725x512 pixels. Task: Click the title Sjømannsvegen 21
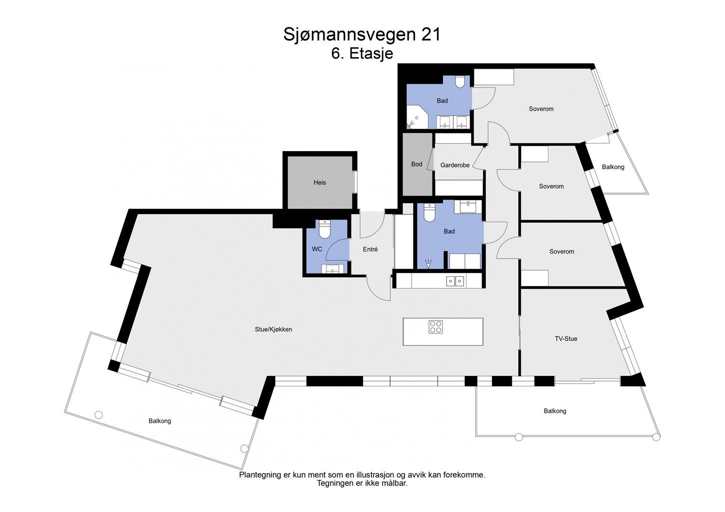(362, 34)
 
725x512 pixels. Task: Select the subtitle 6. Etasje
(362, 53)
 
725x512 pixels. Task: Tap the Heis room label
(319, 182)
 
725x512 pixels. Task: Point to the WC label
(317, 249)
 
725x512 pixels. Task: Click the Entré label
(370, 249)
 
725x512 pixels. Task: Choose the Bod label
(417, 164)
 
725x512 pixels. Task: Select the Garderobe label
(455, 165)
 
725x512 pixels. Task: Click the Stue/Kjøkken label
(273, 329)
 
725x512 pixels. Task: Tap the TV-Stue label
(566, 338)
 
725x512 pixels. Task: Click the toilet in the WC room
(325, 229)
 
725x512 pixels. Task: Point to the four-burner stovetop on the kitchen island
(436, 326)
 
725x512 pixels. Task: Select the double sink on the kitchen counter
(455, 281)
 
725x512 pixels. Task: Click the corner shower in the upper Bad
(416, 118)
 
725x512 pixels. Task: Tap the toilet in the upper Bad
(460, 81)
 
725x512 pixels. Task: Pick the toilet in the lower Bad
(429, 213)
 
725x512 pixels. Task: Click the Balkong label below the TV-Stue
(555, 411)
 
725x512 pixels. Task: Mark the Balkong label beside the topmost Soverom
(613, 167)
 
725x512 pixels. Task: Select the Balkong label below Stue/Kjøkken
(160, 421)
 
